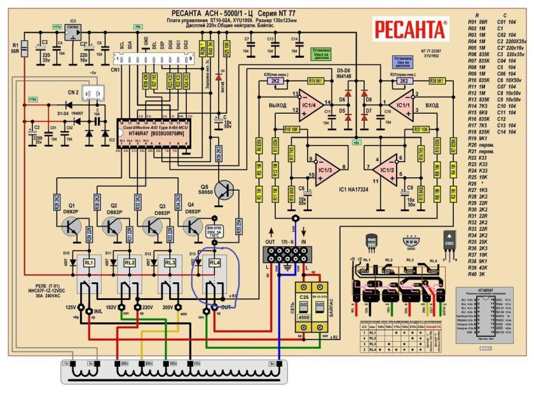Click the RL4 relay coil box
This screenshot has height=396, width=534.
215,263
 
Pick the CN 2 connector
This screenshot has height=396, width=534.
95,94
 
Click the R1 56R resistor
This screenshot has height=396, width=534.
24,48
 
